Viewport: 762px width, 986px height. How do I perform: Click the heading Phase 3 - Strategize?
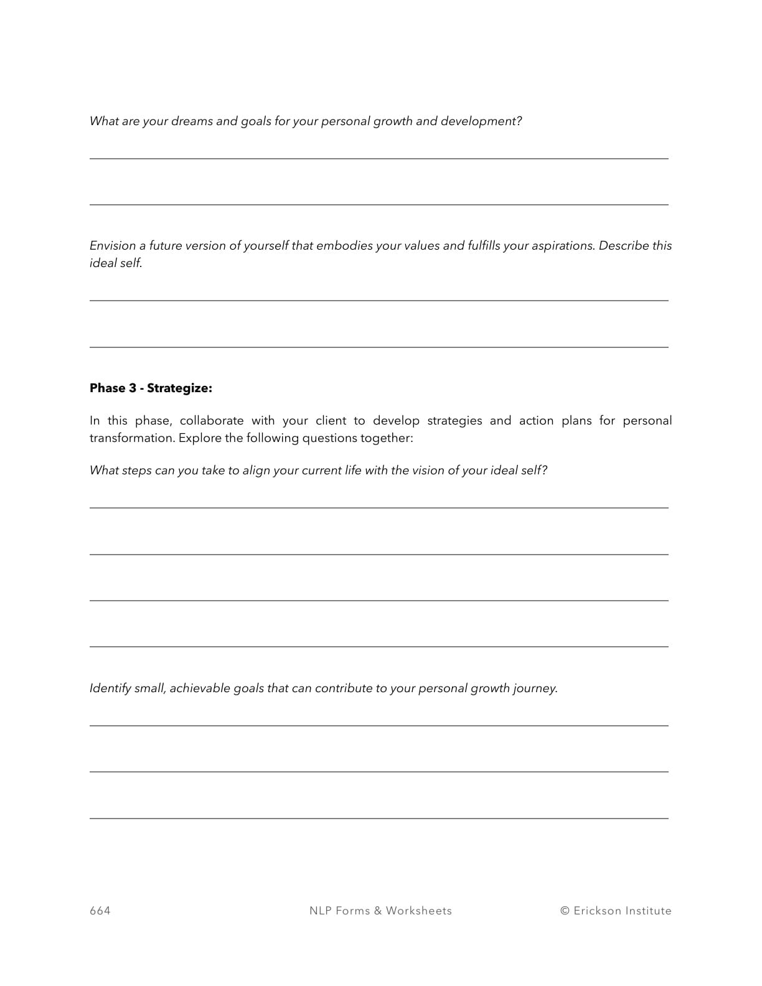[x=151, y=388]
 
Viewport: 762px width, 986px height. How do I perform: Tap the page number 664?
[x=100, y=911]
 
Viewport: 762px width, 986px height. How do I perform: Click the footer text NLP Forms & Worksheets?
[x=380, y=911]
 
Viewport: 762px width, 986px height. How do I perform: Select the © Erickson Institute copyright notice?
[x=616, y=911]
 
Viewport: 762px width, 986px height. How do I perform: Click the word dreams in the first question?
[x=192, y=121]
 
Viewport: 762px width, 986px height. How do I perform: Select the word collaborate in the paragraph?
[x=212, y=421]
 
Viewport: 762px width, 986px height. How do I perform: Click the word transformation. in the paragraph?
[x=132, y=438]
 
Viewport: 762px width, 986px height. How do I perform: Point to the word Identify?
[x=110, y=688]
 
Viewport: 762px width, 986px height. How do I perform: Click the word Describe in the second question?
[x=623, y=246]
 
